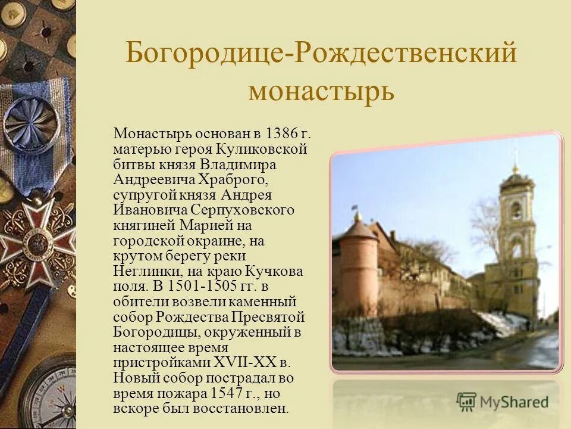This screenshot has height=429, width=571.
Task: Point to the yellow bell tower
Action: (516, 238)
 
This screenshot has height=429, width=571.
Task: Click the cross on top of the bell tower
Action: (515, 156)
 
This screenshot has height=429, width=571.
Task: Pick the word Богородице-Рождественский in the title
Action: (321, 54)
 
